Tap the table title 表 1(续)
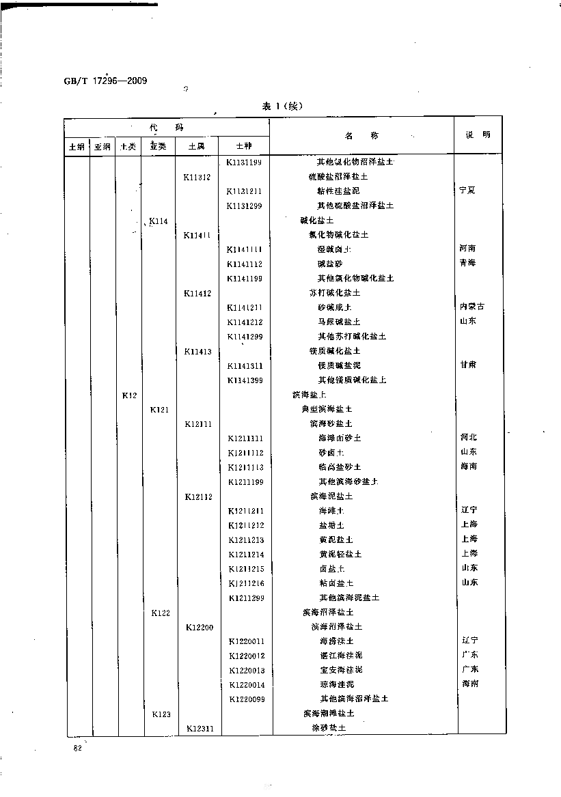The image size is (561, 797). pos(282,106)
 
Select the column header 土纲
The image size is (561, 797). pos(77,146)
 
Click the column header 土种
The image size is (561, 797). pos(244,146)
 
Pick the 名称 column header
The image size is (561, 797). pos(361,135)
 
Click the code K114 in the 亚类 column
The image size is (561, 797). pos(159,221)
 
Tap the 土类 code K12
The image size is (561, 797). pos(130,395)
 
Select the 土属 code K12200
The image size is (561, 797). pos(199,627)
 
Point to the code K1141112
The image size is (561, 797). pos(245,264)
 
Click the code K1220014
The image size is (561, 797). pos(247,684)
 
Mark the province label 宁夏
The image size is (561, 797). pos(468,191)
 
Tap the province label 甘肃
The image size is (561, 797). pos(468,365)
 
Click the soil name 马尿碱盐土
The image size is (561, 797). pos(339,322)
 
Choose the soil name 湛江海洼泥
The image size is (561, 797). pos(341,656)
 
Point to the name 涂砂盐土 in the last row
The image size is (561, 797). pos(329,728)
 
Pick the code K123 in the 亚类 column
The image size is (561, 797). pos(161,714)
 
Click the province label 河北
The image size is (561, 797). pos(469,437)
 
